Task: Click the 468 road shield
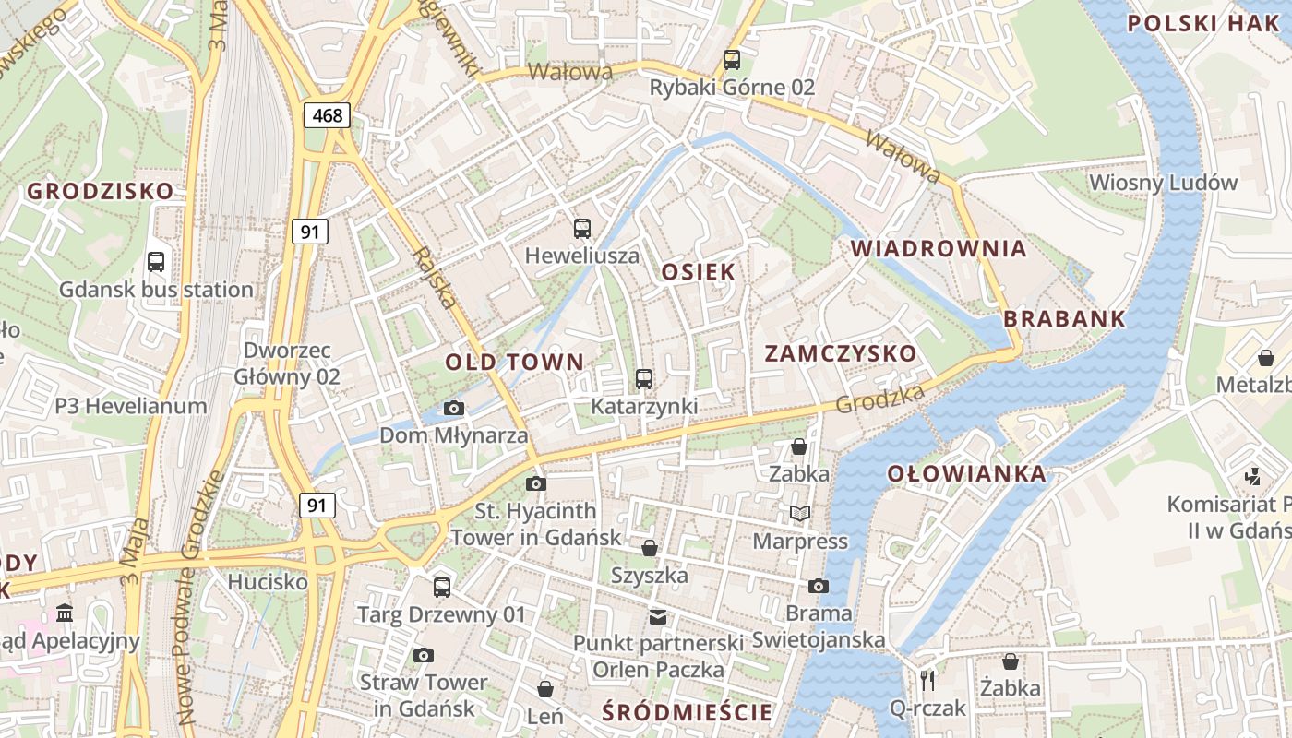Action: (328, 115)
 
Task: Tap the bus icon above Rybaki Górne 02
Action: (732, 60)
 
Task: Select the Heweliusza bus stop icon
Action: (582, 228)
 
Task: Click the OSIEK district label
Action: (699, 271)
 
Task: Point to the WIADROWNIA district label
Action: (939, 248)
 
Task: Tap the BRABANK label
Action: (1064, 319)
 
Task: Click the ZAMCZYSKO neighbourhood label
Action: (841, 353)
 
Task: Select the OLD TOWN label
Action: (515, 362)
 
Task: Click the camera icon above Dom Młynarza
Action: (453, 408)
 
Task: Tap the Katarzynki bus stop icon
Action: (644, 378)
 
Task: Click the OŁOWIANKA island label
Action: (967, 474)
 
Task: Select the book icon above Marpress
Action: (800, 513)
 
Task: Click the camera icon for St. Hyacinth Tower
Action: (535, 483)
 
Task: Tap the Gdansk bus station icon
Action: (156, 261)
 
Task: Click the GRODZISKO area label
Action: (100, 192)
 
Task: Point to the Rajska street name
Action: (434, 277)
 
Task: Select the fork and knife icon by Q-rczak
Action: (927, 681)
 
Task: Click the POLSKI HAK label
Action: (1202, 23)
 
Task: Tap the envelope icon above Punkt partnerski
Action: (657, 616)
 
